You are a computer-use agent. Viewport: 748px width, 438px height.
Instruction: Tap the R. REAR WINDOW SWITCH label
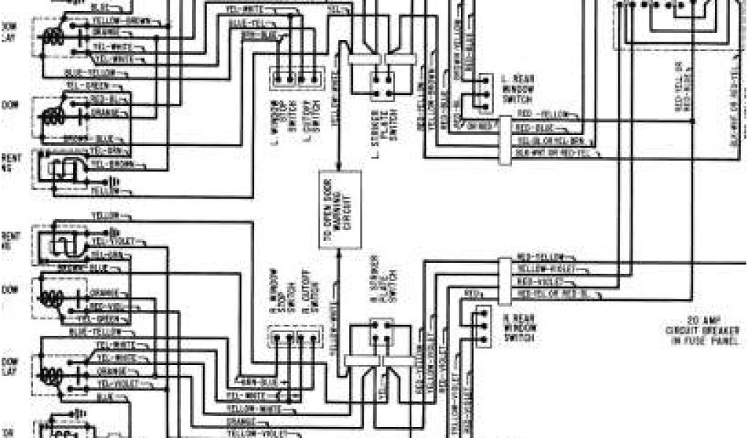pyautogui.click(x=519, y=325)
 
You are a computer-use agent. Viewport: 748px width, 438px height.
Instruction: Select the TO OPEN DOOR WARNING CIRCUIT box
pyautogui.click(x=340, y=210)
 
